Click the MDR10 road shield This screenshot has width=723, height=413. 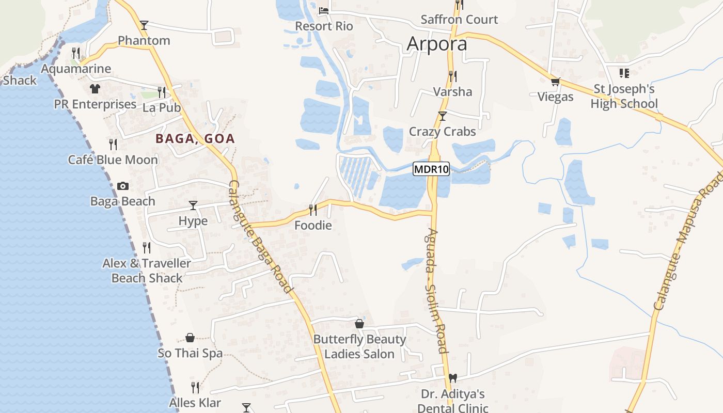(431, 169)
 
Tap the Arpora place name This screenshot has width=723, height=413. (437, 44)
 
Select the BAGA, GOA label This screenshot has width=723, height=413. (195, 138)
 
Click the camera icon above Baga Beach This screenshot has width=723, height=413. (123, 186)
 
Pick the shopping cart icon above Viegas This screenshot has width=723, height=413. (556, 81)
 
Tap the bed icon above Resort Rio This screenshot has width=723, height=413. (324, 10)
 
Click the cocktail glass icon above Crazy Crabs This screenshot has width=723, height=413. (442, 116)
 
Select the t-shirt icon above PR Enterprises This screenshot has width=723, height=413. (95, 89)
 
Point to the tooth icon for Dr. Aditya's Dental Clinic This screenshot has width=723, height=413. (453, 378)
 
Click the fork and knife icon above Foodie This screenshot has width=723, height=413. (312, 210)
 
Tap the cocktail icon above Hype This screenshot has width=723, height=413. (193, 205)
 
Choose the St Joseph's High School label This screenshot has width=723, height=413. (624, 97)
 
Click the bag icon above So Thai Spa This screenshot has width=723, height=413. (190, 338)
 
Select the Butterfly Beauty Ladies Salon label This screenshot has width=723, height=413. (359, 346)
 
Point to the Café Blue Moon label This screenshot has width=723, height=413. (113, 160)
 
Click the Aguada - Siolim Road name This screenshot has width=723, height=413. (437, 290)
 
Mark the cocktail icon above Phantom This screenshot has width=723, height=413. (144, 25)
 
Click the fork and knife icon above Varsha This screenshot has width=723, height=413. (452, 76)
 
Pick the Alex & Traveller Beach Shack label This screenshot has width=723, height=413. (147, 271)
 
